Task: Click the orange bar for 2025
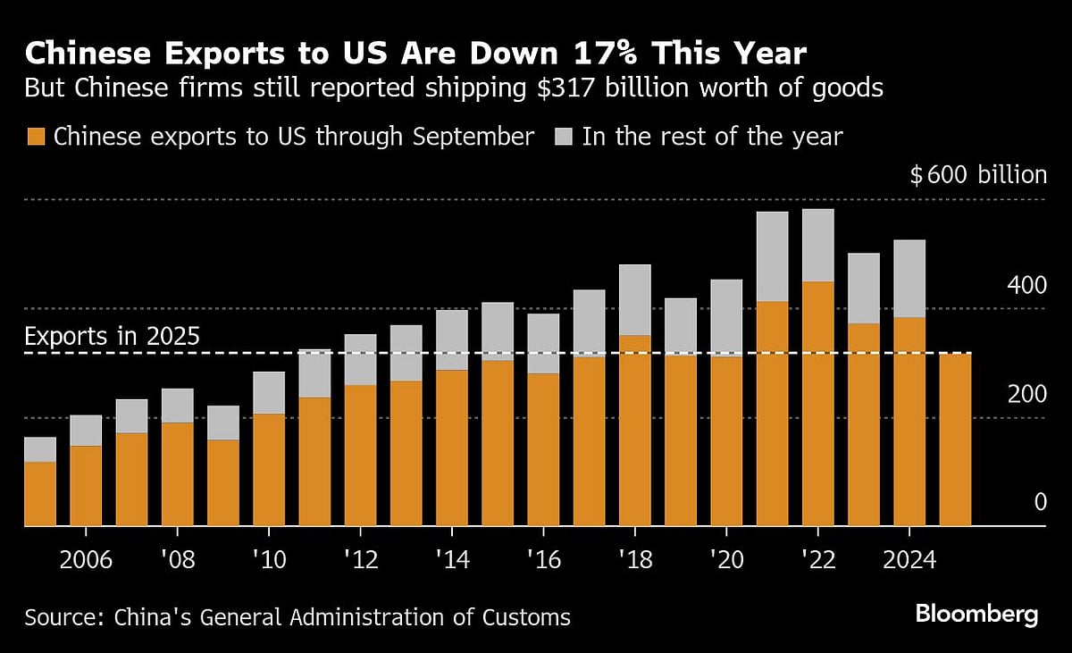click(x=955, y=440)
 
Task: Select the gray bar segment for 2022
click(x=817, y=246)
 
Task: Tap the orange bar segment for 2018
click(x=634, y=431)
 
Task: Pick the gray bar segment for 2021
click(x=772, y=256)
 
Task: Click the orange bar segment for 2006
click(x=86, y=486)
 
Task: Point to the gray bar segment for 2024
click(x=909, y=279)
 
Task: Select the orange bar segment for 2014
click(x=452, y=448)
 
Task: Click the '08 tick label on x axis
click(x=177, y=560)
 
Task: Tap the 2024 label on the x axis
click(x=909, y=560)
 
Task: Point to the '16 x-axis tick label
click(x=543, y=560)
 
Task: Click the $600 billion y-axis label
click(x=977, y=175)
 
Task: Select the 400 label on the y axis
click(x=1026, y=286)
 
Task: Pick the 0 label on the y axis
click(x=1040, y=503)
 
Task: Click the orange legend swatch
click(x=36, y=137)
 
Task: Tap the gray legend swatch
click(x=565, y=137)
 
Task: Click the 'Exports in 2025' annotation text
click(x=112, y=338)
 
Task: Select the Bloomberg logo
click(x=976, y=615)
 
